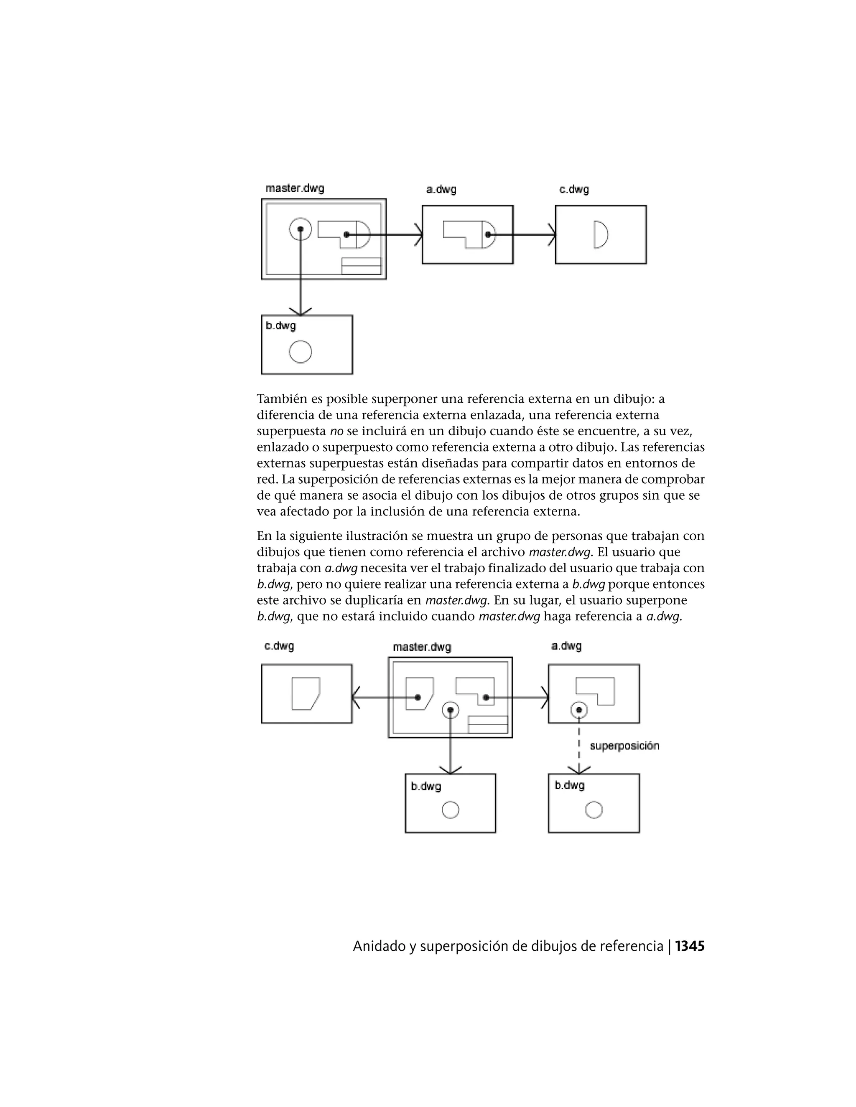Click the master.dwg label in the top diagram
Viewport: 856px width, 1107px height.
point(295,188)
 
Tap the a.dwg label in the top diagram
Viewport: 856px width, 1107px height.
point(441,190)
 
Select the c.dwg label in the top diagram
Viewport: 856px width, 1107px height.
point(574,190)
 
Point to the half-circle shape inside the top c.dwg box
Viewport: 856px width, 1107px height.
point(601,234)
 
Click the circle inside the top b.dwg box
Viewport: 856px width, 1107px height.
point(300,352)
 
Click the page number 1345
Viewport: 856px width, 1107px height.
point(690,946)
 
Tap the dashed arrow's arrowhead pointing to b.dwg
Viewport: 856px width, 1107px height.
point(579,770)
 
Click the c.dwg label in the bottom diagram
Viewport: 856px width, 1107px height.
point(279,646)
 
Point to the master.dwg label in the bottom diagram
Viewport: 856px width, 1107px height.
point(421,647)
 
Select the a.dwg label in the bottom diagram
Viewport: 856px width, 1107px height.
point(566,646)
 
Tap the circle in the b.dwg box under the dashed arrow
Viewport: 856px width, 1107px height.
point(594,810)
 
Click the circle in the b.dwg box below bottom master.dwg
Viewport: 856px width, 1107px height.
point(450,810)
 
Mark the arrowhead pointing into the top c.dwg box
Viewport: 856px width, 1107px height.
point(552,235)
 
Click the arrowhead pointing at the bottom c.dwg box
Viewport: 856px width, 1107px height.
point(356,698)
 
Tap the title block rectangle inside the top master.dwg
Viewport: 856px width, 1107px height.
point(361,266)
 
